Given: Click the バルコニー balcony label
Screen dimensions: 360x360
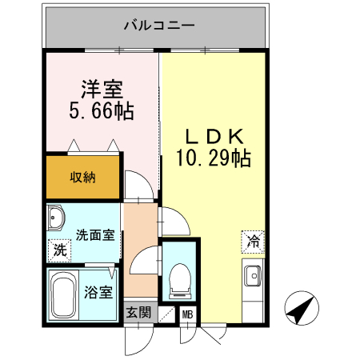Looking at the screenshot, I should click(x=158, y=26).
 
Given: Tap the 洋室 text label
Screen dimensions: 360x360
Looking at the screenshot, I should click(x=100, y=87).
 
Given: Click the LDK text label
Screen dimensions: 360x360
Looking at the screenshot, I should click(x=214, y=135).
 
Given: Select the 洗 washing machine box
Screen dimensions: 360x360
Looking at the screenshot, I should click(x=59, y=249).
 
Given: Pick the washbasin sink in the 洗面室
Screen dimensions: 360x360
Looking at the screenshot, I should click(x=58, y=219).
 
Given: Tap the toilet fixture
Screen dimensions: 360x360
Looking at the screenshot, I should click(x=180, y=278).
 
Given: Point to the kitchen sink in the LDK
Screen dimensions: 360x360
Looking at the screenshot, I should click(x=252, y=274).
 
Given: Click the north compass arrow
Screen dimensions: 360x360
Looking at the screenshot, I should click(x=300, y=306).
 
